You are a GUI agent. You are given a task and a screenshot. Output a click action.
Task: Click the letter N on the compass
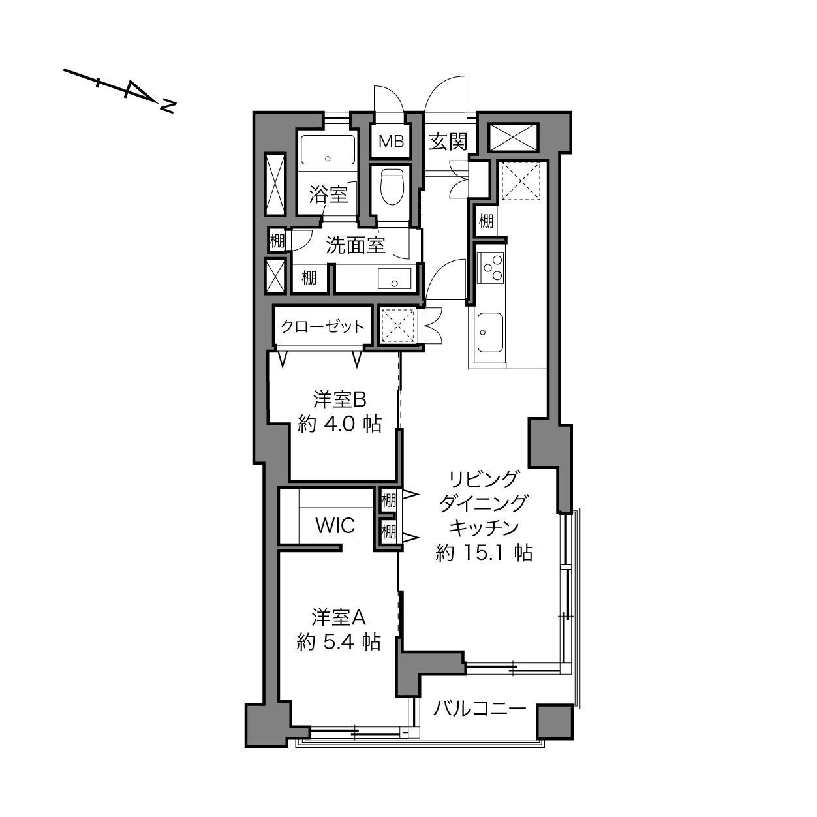coord(168,106)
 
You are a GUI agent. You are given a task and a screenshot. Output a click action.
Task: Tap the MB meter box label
coord(391,142)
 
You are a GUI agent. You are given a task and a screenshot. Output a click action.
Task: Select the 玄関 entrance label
coord(448,142)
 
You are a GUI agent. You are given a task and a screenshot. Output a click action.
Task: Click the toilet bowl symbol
coord(392,187)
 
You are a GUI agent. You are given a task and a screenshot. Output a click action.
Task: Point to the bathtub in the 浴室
coord(328,149)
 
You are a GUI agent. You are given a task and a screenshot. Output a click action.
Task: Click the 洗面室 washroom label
coord(355,245)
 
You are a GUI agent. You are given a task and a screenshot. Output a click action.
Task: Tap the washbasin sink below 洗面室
coord(394,279)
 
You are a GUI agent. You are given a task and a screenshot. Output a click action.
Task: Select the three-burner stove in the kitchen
coord(490,268)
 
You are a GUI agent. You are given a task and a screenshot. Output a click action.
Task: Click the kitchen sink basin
coord(490,333)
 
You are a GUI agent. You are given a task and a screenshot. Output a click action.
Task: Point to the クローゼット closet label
coord(322,326)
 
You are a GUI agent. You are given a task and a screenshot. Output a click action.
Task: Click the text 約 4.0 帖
coord(339,424)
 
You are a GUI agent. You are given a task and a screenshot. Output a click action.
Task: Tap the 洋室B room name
coord(339,399)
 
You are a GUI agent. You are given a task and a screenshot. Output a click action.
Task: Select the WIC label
coord(335,526)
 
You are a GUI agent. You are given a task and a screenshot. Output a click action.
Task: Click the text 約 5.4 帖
coord(338,642)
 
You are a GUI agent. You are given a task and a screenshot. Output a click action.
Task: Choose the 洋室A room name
coord(339,617)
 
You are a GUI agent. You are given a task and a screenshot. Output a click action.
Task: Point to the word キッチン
coord(484,529)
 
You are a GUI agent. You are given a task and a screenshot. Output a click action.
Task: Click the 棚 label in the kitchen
coord(486,221)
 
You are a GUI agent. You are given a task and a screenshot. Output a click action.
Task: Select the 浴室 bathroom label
coord(329,194)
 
